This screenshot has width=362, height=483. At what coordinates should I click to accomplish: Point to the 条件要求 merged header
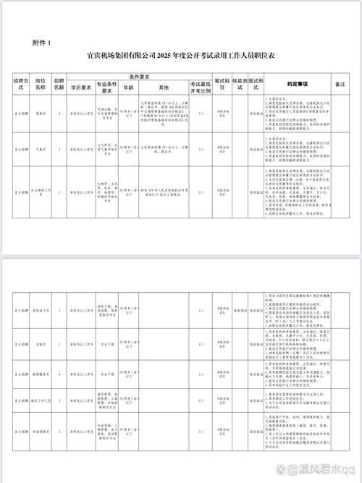coord(140,76)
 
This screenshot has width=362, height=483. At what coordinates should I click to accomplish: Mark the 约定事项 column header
coord(297,83)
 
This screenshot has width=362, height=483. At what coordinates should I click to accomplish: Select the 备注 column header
coord(341,83)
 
